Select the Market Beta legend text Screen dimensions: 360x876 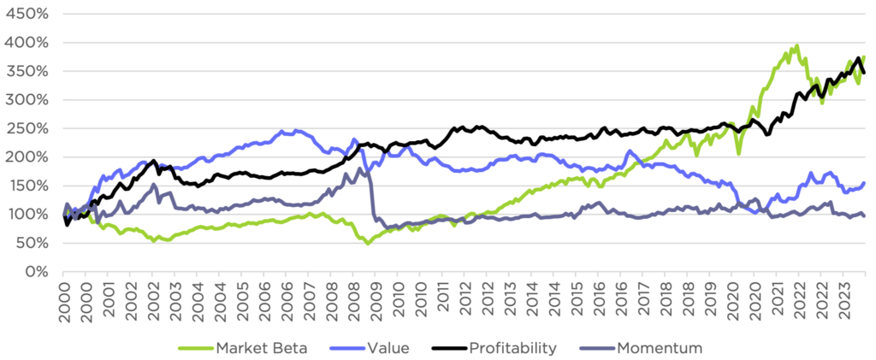coord(259,347)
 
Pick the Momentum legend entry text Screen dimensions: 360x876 coord(660,347)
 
